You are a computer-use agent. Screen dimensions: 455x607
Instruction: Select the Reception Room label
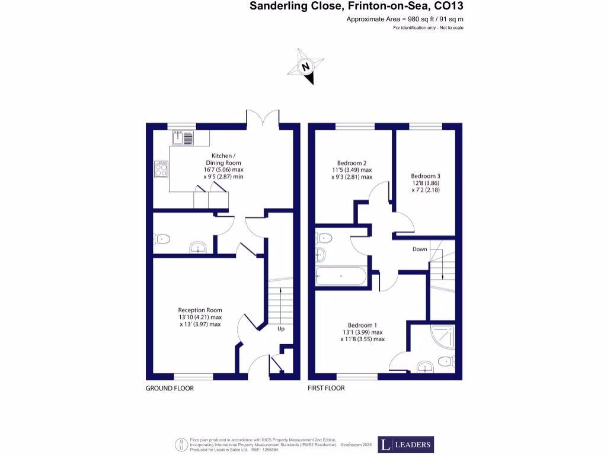click(200, 317)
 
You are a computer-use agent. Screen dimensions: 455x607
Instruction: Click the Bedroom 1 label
click(362, 332)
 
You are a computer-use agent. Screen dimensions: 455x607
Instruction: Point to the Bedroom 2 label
click(352, 169)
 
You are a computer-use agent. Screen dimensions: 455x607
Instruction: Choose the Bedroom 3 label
click(426, 183)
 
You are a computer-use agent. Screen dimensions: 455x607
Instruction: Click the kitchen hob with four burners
click(161, 169)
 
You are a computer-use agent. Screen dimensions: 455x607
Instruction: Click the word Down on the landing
click(420, 249)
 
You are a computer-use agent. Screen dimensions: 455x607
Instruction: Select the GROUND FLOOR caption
click(170, 389)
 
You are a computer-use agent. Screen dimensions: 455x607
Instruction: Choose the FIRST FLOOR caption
click(326, 389)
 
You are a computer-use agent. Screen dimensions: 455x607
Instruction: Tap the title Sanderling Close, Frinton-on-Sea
click(356, 7)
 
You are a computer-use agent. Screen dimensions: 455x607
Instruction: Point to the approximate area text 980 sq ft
click(405, 20)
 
